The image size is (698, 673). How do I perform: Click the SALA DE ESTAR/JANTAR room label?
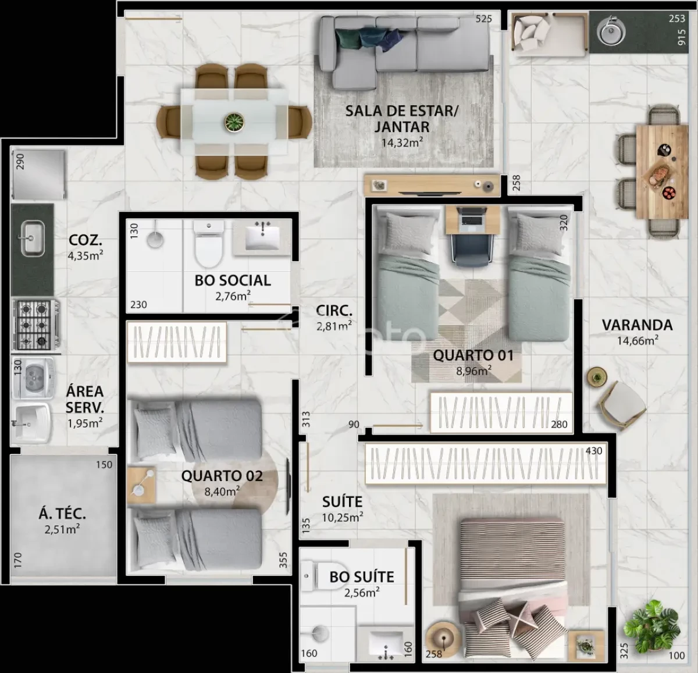pos(402,119)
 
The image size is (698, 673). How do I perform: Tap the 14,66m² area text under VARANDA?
pos(638,340)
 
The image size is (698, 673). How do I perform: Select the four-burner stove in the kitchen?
pos(35,325)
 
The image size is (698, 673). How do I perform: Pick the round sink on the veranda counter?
pos(611,31)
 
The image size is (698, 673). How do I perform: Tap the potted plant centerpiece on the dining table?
pos(234,122)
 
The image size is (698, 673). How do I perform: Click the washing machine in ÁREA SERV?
pos(33,378)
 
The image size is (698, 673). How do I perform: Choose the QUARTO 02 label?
pos(222,476)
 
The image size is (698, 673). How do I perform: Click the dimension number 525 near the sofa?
pos(483,19)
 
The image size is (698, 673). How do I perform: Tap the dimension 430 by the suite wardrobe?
pos(594,451)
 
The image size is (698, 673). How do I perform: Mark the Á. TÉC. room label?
pos(62,514)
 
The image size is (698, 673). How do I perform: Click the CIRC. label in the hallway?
pos(334,311)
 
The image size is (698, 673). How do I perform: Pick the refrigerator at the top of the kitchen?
pos(39,175)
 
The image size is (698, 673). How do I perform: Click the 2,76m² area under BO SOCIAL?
pos(233,296)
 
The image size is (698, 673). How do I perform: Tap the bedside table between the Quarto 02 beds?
pos(142,485)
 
